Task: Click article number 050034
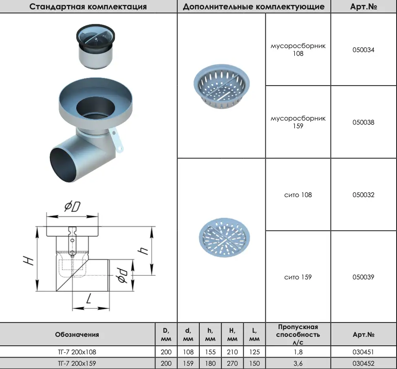point(363,50)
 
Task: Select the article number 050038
point(363,123)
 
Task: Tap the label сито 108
point(298,195)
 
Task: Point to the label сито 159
point(298,277)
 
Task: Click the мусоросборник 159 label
point(298,122)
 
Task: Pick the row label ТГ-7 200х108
point(77,352)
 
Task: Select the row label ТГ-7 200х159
point(77,363)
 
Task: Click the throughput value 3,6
point(298,363)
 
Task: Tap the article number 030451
point(363,352)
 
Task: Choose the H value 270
point(232,363)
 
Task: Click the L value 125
point(254,352)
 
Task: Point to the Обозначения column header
point(77,335)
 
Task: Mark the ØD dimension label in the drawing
point(73,206)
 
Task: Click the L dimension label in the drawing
point(88,299)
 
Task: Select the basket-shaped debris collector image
point(222,86)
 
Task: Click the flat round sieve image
point(224,237)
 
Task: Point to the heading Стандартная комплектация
point(88,7)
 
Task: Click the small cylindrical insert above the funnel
point(95,46)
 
